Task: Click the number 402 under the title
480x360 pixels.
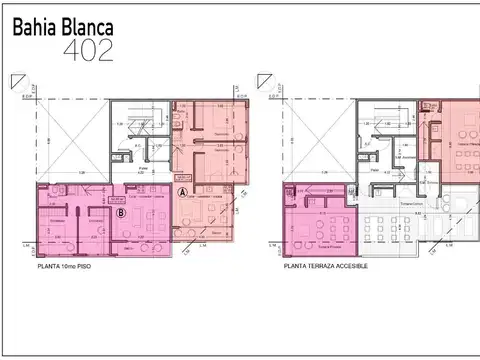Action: coord(88,49)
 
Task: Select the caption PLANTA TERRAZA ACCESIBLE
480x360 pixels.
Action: coord(326,265)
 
